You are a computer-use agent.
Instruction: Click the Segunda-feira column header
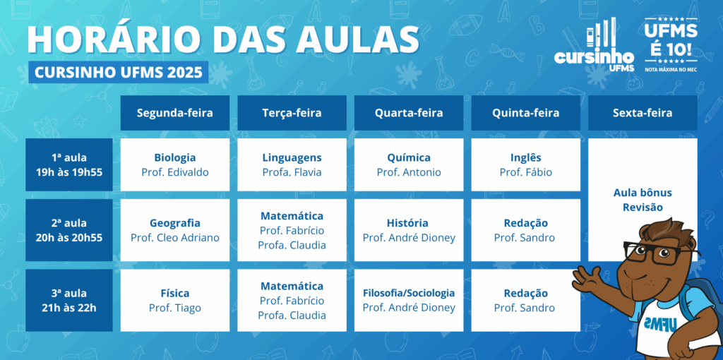click(x=175, y=113)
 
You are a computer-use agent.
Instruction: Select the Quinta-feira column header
click(x=525, y=113)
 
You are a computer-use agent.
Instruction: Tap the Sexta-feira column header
click(x=643, y=113)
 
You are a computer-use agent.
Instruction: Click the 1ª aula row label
click(x=69, y=164)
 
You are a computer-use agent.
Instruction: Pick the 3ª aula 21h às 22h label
click(x=69, y=300)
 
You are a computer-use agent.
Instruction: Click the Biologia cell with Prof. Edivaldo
click(x=175, y=164)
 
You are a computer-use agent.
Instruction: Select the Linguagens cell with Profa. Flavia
click(x=292, y=164)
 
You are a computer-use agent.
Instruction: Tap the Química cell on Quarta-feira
click(x=409, y=164)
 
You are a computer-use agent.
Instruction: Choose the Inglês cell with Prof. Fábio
click(x=525, y=164)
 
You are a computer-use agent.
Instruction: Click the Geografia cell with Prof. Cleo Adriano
click(x=175, y=230)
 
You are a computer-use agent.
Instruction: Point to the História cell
click(x=409, y=230)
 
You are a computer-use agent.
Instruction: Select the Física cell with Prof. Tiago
click(x=175, y=300)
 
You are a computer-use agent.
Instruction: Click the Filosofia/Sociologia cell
click(x=409, y=300)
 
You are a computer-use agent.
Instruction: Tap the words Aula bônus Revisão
click(x=643, y=200)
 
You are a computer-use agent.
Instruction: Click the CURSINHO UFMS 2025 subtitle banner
click(x=119, y=73)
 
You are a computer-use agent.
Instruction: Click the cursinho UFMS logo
click(x=594, y=46)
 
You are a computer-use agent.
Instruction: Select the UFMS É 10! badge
click(x=671, y=44)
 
